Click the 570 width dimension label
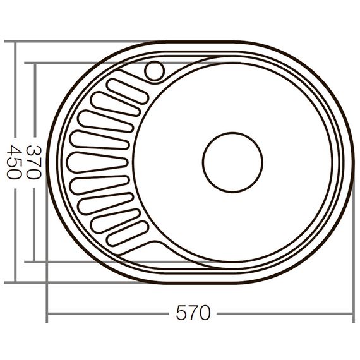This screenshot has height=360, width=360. click(193, 313)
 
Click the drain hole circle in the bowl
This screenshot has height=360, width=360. click(232, 162)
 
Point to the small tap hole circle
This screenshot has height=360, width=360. click(153, 71)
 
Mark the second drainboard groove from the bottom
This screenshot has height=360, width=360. click(115, 220)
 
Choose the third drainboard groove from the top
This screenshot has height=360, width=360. click(105, 121)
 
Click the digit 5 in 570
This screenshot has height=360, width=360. click(182, 313)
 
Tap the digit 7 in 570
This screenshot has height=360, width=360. click(193, 313)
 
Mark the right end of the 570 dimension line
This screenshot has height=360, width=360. click(352, 313)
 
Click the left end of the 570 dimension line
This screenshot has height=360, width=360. click(47, 313)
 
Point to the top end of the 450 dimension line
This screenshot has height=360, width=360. click(14, 42)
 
